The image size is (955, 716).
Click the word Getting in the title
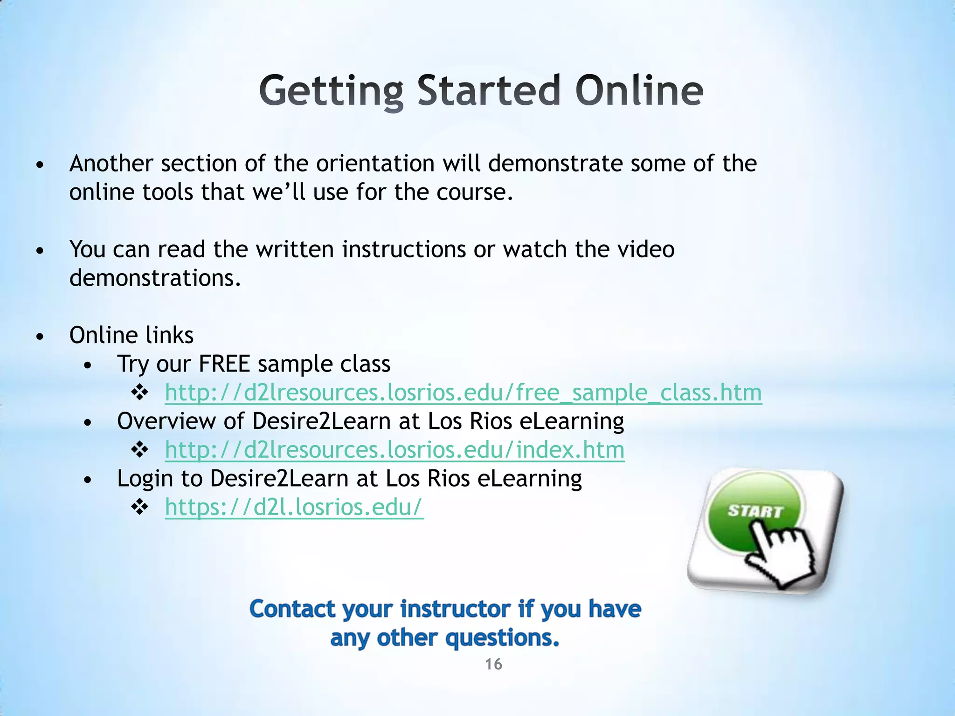click(331, 91)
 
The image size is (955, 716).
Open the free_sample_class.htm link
click(463, 392)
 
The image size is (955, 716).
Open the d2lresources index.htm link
click(394, 450)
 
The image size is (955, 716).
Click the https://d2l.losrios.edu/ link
click(294, 507)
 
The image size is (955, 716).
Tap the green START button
click(754, 512)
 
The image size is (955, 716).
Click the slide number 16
click(493, 664)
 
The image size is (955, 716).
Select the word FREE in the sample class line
click(224, 364)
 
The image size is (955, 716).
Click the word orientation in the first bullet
click(375, 164)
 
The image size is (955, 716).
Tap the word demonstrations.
click(155, 278)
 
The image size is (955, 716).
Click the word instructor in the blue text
click(456, 609)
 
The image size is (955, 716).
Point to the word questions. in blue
click(502, 638)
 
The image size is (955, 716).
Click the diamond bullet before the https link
click(139, 507)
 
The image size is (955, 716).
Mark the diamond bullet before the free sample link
click(139, 392)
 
